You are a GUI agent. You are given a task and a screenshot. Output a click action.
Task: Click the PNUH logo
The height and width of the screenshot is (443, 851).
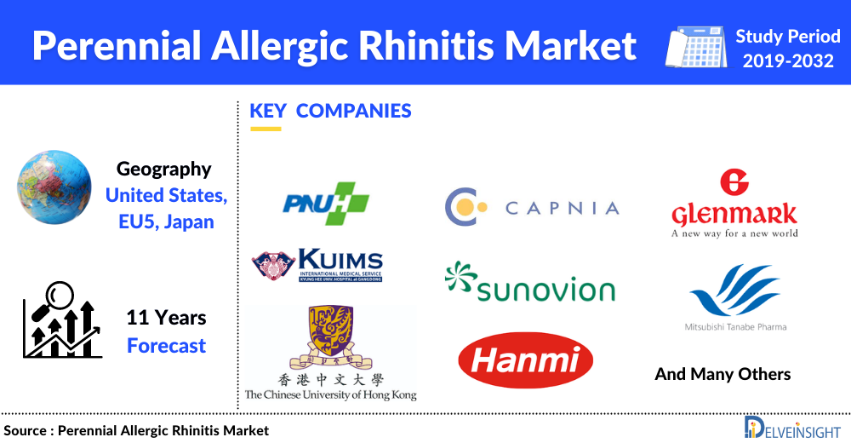point(326,204)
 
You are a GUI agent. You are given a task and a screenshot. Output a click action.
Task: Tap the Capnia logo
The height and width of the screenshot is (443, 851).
point(532,206)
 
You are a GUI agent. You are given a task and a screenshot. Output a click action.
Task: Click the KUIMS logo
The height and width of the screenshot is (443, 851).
point(317,265)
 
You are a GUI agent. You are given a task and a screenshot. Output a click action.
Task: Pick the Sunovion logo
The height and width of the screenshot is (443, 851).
point(529,283)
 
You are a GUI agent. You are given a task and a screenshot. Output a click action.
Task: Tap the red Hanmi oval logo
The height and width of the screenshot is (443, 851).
point(525,360)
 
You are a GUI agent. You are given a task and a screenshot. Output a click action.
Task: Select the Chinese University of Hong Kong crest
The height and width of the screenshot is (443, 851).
point(329,337)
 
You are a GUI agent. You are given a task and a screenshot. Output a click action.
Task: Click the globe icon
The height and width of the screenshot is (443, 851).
point(54,190)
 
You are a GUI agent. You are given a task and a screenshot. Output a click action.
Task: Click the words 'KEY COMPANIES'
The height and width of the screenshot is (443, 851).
point(330,111)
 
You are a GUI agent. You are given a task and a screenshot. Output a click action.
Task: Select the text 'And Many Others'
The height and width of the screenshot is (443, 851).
point(722,374)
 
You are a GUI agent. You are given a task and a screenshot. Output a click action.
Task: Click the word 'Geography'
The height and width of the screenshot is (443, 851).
point(163,169)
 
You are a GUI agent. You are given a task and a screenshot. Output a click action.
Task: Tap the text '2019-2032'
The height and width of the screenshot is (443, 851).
point(788,61)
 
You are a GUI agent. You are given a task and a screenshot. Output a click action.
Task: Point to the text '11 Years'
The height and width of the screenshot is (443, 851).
point(166,319)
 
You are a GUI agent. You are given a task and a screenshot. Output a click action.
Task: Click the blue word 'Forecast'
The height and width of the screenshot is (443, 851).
point(166,346)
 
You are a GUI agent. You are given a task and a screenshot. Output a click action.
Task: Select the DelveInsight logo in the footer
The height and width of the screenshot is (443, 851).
point(792,428)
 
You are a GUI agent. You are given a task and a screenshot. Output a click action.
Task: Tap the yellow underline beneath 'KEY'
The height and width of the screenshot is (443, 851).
point(266,129)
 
